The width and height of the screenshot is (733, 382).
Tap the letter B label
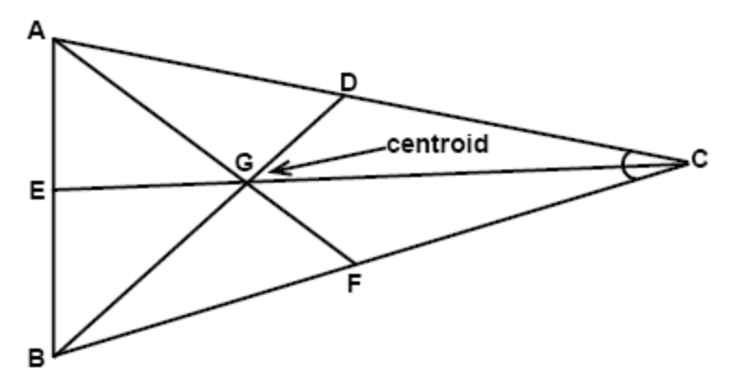(x=37, y=357)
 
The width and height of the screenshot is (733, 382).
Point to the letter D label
(x=348, y=82)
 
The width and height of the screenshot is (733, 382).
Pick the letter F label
(x=353, y=283)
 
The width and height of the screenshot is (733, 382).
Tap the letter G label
(x=243, y=162)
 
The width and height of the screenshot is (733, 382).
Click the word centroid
(x=438, y=145)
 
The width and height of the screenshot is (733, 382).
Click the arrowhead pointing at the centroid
(x=272, y=170)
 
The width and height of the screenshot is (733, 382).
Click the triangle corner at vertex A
(x=55, y=40)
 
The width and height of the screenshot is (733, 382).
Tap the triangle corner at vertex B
(x=55, y=355)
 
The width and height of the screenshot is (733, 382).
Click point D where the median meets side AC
(x=345, y=97)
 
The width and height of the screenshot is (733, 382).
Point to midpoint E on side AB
(x=55, y=190)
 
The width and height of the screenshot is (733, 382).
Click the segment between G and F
(x=300, y=224)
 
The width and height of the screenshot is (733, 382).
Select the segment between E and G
(x=149, y=186)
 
